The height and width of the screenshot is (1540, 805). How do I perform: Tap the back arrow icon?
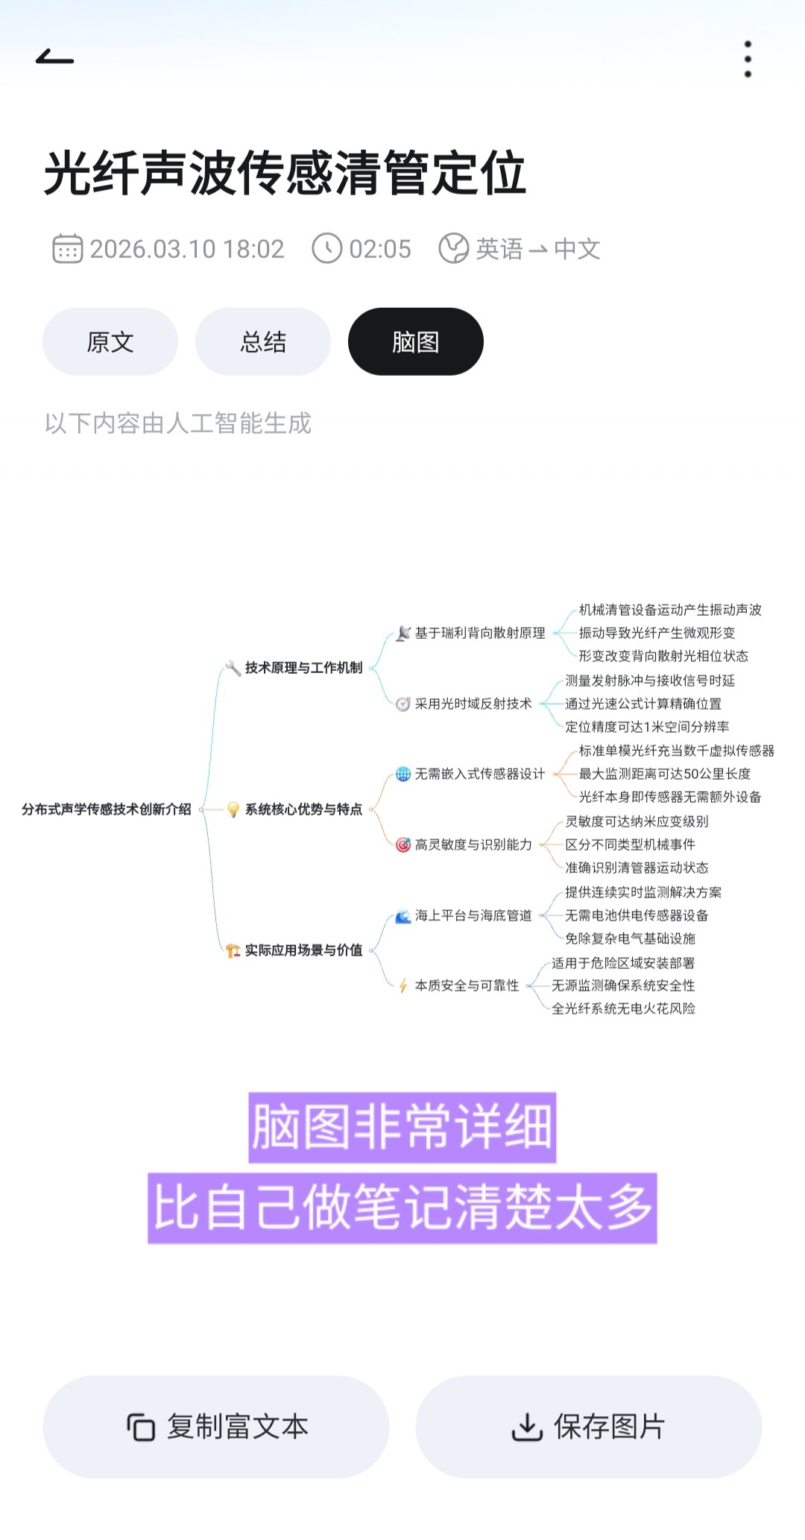[x=54, y=57]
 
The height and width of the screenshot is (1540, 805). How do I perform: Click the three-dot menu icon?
[x=748, y=59]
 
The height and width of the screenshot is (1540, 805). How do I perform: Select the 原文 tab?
[x=110, y=342]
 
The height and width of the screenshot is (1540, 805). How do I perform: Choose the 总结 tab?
[x=263, y=342]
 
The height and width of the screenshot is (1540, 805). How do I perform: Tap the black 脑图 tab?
[x=416, y=342]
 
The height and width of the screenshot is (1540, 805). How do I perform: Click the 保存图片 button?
[x=589, y=1427]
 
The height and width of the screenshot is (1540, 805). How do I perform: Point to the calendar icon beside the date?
[x=67, y=249]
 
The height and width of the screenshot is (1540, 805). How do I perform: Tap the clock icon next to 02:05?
[x=326, y=249]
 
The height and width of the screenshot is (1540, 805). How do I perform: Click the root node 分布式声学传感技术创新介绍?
[x=107, y=810]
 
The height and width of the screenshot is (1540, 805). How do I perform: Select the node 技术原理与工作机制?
[x=303, y=668]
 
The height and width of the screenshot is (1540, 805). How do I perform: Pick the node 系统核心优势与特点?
[x=303, y=810]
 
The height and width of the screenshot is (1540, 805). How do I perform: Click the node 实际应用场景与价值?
[x=303, y=950]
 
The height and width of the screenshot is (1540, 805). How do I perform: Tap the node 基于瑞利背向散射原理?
[x=480, y=634]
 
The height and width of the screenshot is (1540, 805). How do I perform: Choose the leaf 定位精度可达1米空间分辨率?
[x=647, y=727]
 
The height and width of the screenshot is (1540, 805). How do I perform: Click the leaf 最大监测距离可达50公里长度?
[x=665, y=774]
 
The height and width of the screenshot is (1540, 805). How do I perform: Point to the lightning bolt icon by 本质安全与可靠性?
[x=402, y=986]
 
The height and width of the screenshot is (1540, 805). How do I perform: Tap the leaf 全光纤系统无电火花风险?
[x=623, y=1009]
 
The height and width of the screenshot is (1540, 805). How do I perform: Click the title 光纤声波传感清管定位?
[x=285, y=173]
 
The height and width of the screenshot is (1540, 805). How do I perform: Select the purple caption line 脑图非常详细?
[x=402, y=1127]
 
